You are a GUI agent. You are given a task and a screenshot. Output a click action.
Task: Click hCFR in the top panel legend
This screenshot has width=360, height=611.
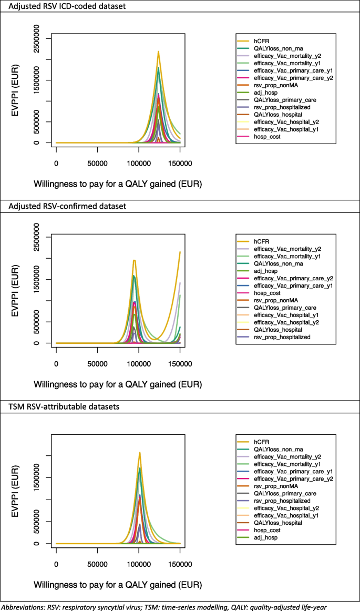point(262,41)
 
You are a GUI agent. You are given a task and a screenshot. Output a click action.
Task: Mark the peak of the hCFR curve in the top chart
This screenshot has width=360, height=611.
point(158,52)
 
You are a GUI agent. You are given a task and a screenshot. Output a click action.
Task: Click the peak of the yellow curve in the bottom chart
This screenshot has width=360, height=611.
point(140,452)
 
